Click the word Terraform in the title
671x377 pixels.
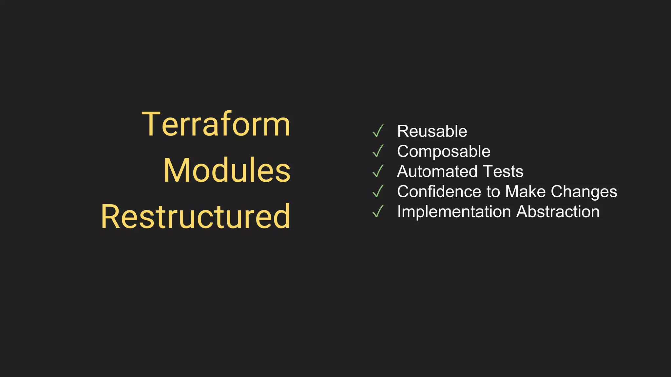[x=216, y=124]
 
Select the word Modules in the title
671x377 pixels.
[x=227, y=170]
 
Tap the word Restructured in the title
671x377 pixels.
[x=196, y=216]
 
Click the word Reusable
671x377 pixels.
[x=432, y=131]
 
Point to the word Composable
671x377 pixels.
[x=444, y=152]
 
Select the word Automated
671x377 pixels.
[x=438, y=171]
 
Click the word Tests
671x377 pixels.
[x=503, y=171]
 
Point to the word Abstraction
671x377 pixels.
[x=558, y=212]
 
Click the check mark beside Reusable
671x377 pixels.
[x=378, y=131]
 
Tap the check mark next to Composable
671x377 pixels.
[x=378, y=151]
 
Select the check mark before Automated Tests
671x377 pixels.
[x=378, y=171]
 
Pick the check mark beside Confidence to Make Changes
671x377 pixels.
[x=378, y=191]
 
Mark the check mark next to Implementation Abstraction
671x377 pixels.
[x=378, y=211]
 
